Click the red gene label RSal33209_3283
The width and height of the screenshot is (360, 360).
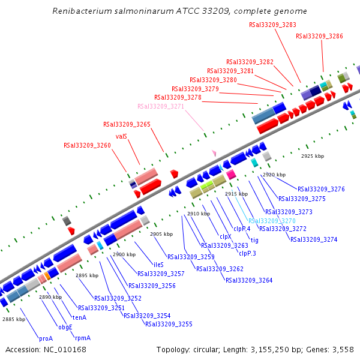(272, 25)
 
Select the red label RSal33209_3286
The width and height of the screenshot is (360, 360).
(319, 36)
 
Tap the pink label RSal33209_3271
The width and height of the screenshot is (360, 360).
(161, 106)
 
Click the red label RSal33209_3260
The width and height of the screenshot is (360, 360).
(87, 145)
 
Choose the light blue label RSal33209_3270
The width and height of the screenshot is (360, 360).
(272, 220)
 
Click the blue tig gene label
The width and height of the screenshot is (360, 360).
(254, 240)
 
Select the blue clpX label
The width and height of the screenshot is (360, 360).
(226, 236)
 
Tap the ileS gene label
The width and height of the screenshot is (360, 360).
(158, 264)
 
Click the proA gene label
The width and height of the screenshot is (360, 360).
(46, 338)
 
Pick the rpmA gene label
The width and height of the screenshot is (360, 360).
(83, 338)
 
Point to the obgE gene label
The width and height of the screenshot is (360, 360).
(65, 327)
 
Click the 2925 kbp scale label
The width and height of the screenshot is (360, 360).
(312, 156)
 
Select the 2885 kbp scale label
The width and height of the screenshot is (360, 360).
(14, 319)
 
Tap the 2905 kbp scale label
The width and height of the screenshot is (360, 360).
(161, 234)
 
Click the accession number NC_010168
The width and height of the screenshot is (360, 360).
(53, 349)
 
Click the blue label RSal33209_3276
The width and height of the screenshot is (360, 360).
(321, 189)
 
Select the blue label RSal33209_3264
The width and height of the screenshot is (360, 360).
(249, 280)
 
